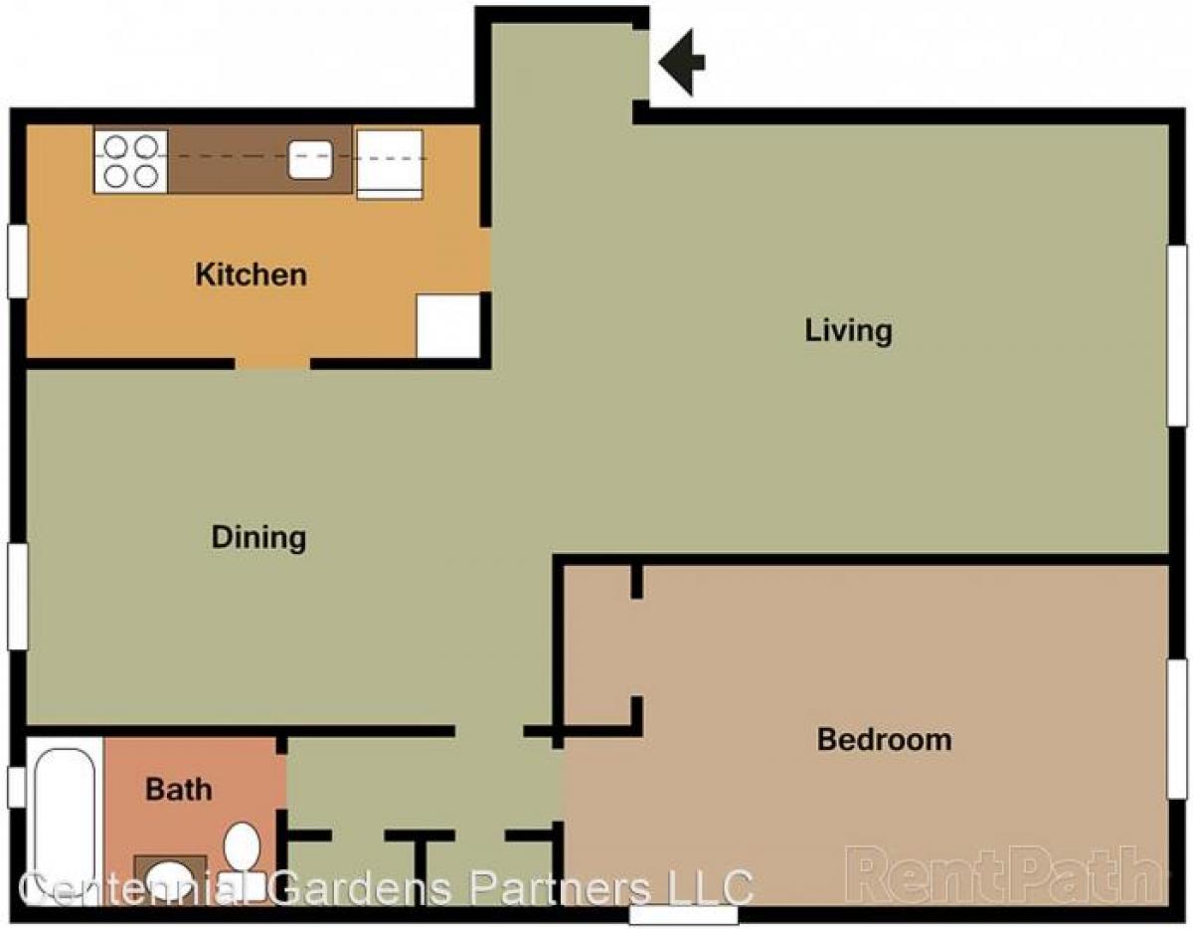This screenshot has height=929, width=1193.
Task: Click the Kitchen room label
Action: tap(251, 275)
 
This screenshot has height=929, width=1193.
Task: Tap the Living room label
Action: tap(848, 330)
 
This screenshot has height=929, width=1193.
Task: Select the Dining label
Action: tap(258, 537)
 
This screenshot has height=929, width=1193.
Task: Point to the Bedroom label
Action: tap(884, 739)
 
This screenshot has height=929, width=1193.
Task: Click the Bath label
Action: tap(179, 790)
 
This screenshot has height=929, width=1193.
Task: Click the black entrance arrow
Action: tap(682, 62)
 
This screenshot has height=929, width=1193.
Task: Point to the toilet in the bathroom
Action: tap(242, 847)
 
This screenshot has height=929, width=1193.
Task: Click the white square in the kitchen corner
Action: tap(448, 325)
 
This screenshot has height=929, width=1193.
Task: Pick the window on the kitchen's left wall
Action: tap(18, 261)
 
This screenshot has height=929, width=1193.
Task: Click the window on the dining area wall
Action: tap(18, 596)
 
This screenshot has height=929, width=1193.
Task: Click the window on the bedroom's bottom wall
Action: tap(683, 913)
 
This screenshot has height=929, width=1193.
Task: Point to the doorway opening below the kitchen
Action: tap(272, 363)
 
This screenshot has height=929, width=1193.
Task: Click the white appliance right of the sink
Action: tap(390, 163)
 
